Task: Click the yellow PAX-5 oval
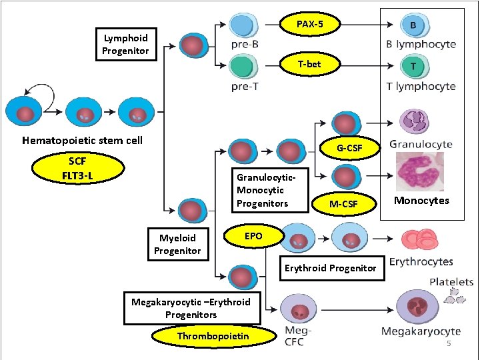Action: tap(309, 25)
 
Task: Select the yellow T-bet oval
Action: tap(309, 65)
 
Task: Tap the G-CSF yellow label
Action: tap(349, 147)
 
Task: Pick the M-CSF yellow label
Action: tap(344, 203)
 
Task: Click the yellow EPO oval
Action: tap(253, 236)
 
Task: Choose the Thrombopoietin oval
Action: tap(213, 336)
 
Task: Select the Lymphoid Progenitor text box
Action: tap(126, 45)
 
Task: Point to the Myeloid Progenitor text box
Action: tap(177, 244)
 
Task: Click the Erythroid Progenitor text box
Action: tap(331, 268)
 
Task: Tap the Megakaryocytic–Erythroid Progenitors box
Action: tap(191, 308)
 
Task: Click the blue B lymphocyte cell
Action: tap(413, 25)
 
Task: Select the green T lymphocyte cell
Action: tap(413, 66)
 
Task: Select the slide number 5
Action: tap(449, 343)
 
